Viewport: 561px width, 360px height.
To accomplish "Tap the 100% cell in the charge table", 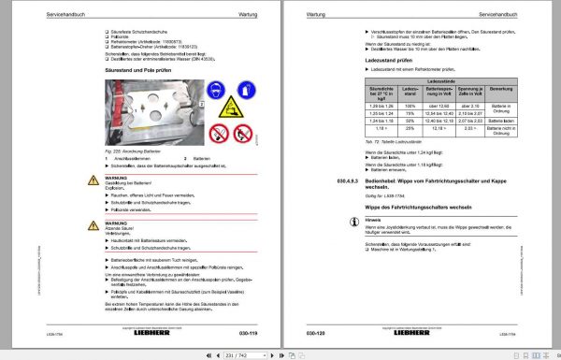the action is [410, 108].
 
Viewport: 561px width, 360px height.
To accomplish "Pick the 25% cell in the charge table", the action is [410, 130].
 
